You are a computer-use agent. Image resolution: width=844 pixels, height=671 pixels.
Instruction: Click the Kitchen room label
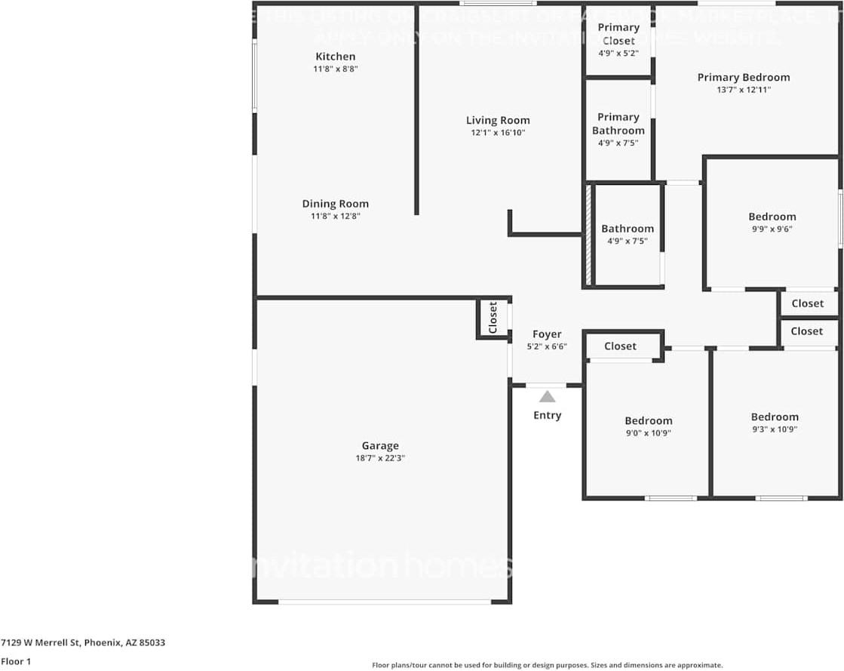(x=335, y=57)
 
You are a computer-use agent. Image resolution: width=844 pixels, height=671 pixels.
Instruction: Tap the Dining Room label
(x=336, y=204)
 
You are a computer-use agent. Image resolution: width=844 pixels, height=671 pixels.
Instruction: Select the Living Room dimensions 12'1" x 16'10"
(x=498, y=133)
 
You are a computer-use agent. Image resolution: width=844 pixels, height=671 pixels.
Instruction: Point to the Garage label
(x=380, y=446)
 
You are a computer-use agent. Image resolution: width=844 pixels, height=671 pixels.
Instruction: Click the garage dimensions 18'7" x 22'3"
(x=380, y=458)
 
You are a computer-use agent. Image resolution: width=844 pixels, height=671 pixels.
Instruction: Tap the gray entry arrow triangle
(x=547, y=396)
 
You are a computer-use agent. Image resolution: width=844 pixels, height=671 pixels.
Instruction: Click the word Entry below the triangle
(x=547, y=415)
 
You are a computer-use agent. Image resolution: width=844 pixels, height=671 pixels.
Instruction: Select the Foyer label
(x=547, y=334)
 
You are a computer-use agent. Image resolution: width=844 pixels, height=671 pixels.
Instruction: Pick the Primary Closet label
(x=618, y=34)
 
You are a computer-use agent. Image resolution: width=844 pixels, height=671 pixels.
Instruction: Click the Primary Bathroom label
(x=618, y=124)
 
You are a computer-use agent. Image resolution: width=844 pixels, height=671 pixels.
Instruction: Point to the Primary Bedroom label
(x=744, y=77)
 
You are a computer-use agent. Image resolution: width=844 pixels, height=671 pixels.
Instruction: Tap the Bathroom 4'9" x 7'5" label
(x=628, y=235)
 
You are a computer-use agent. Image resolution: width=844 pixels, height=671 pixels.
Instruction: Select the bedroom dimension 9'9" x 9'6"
(x=772, y=229)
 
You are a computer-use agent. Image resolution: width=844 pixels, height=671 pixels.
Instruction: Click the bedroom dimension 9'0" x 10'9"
(x=649, y=433)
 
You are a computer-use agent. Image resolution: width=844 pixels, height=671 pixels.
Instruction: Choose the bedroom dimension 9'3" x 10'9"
(x=775, y=429)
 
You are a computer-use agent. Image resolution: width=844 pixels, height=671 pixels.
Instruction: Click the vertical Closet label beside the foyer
(x=493, y=318)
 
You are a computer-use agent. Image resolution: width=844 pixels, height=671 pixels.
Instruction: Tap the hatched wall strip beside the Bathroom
(x=588, y=235)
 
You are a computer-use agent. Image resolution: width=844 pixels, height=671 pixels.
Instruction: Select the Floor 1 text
(x=17, y=661)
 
